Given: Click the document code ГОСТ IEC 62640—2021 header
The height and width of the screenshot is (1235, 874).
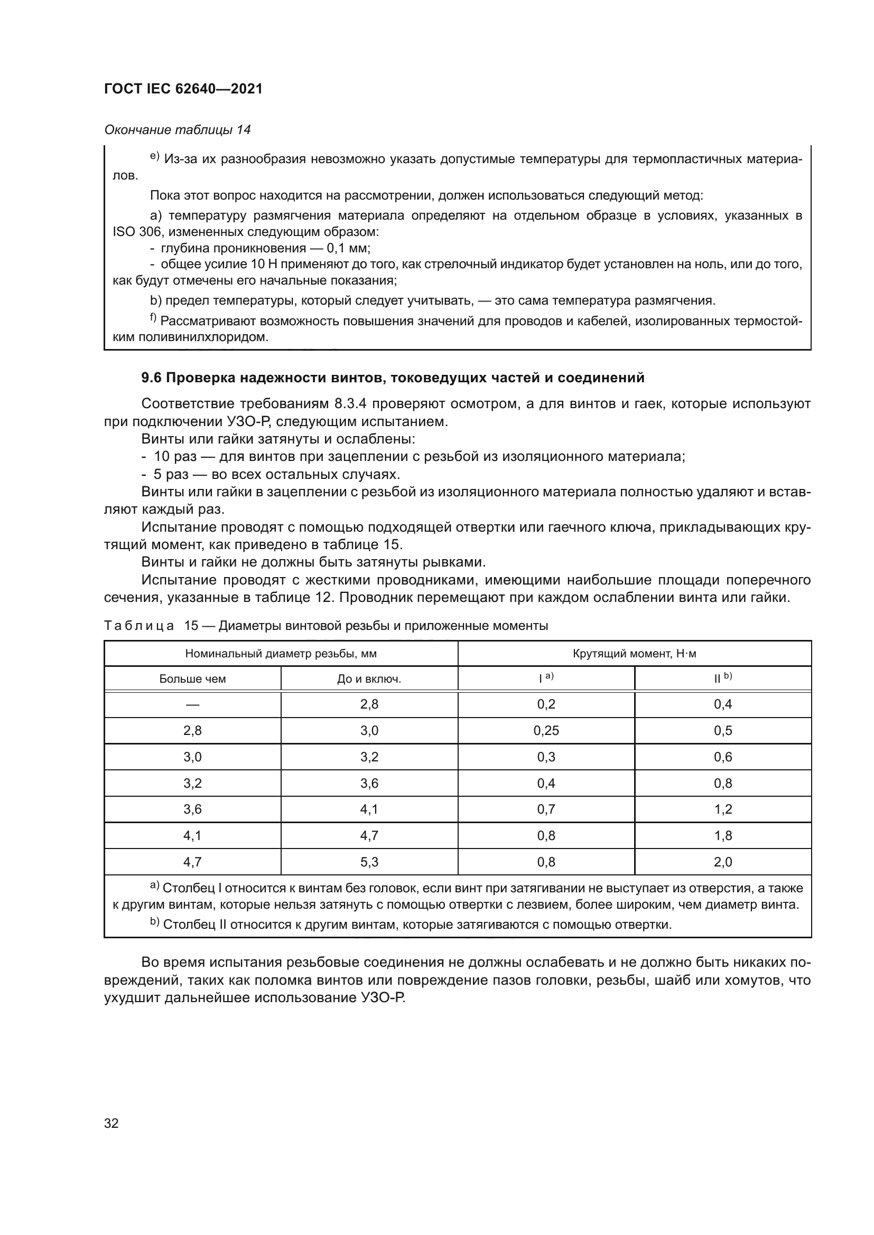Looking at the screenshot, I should tap(183, 89).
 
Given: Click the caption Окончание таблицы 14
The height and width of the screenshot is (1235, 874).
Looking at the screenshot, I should tap(177, 130).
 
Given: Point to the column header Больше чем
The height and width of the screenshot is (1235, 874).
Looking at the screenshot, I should tap(192, 679).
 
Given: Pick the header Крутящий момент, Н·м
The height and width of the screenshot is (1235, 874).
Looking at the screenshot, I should tap(634, 654).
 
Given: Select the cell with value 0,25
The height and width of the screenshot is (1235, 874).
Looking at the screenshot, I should tap(546, 730).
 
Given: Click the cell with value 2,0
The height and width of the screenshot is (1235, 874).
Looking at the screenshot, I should tap(722, 862).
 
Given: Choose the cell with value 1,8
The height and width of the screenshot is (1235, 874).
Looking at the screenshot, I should tap(722, 836).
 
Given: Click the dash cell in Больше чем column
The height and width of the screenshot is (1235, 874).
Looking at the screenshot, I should tap(192, 705).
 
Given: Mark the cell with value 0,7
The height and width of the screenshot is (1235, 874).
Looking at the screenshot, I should tap(546, 809).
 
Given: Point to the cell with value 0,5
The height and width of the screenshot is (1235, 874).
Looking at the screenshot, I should tap(722, 730).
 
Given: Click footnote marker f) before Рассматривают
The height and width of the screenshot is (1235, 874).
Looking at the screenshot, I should tap(153, 319).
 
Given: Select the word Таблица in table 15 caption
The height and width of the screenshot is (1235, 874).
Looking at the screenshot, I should tap(139, 626).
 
